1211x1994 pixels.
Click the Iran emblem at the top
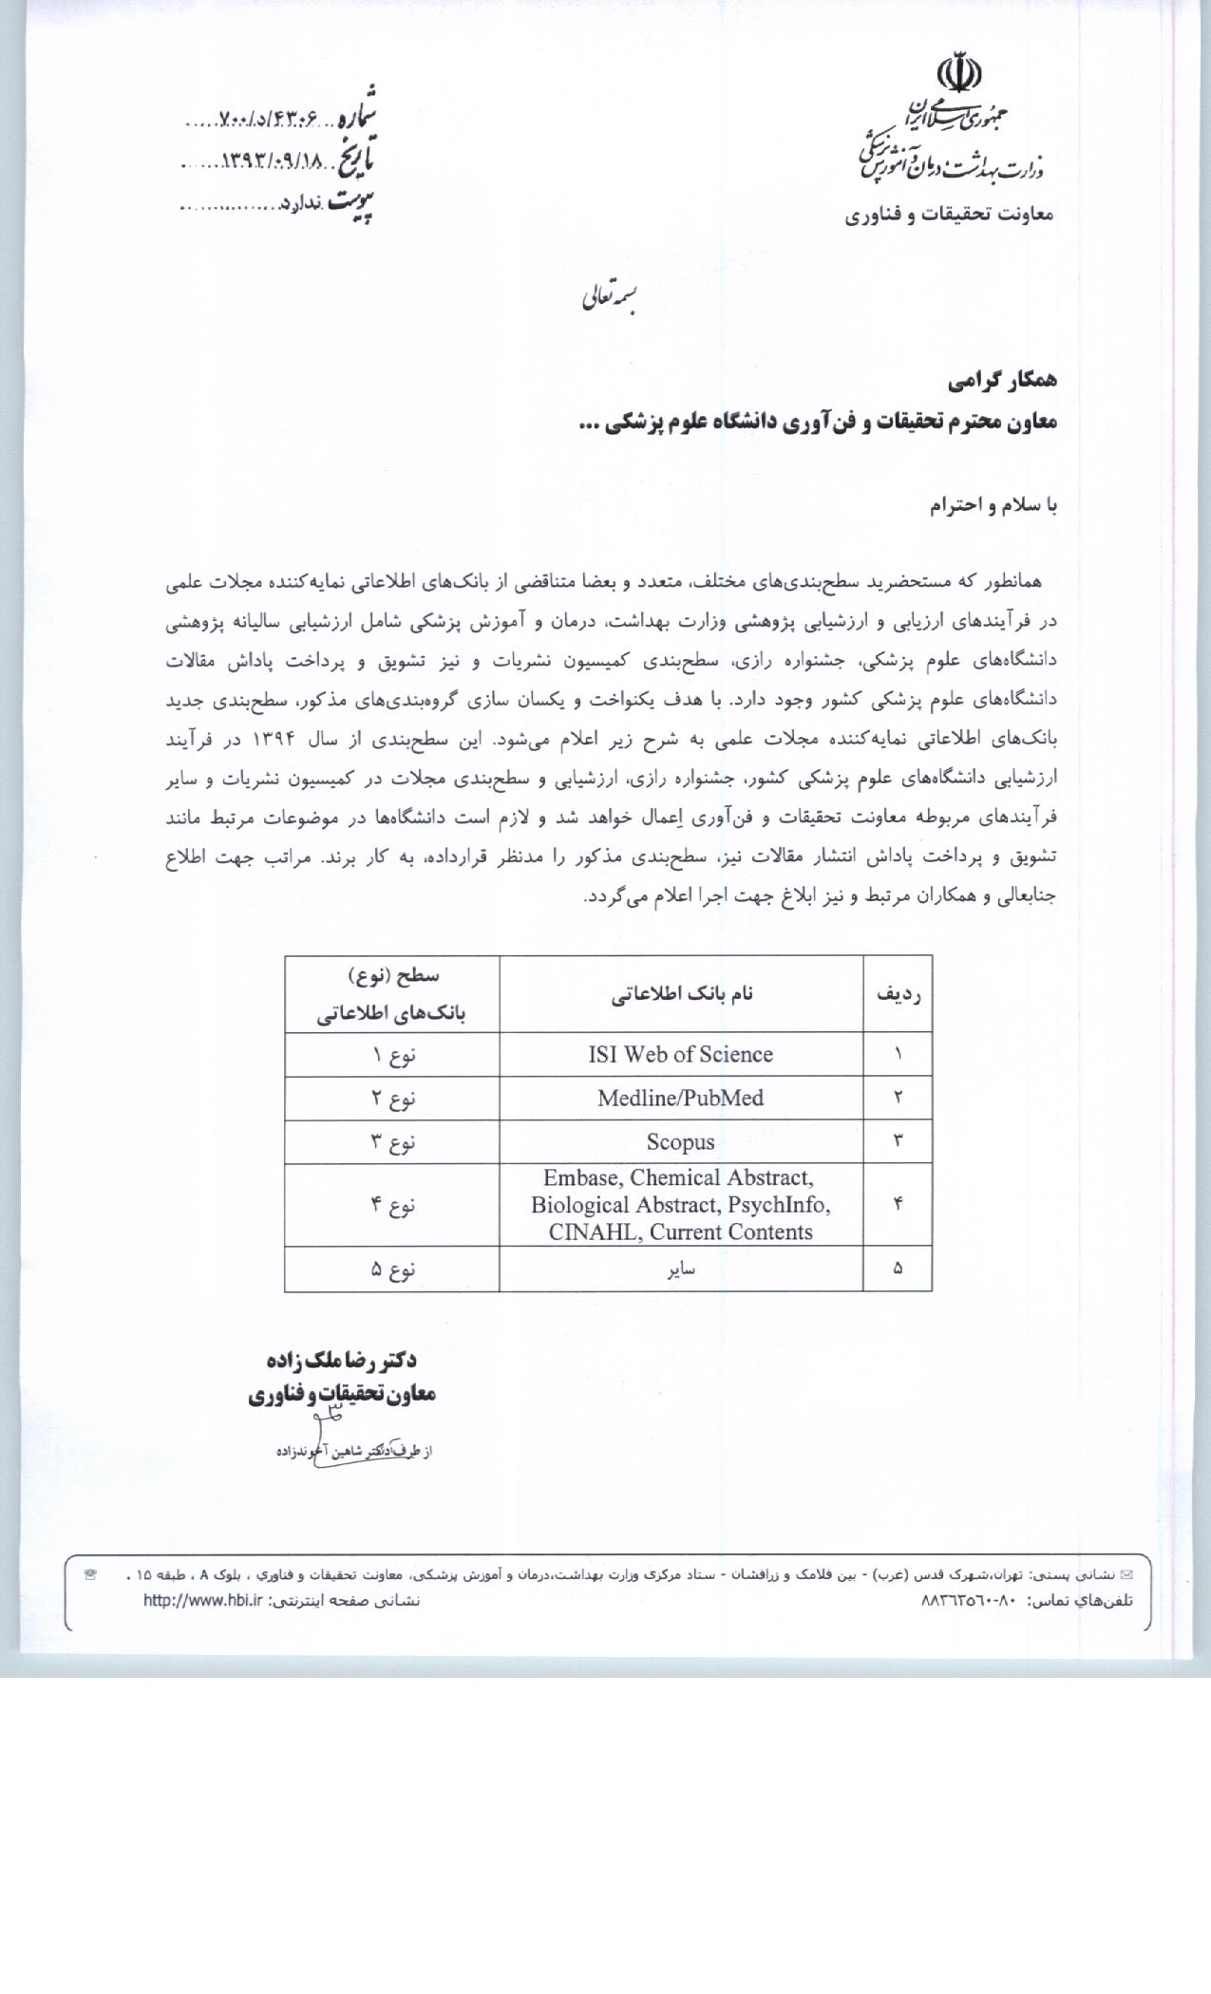(x=958, y=75)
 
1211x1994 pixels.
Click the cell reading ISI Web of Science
(x=680, y=1054)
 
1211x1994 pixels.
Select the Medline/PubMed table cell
(x=680, y=1098)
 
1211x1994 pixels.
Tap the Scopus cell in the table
(x=680, y=1141)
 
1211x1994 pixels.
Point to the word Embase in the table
(x=579, y=1178)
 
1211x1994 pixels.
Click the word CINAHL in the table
(x=586, y=1232)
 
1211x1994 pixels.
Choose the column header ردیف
(x=898, y=994)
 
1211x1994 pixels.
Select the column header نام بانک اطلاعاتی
(x=681, y=994)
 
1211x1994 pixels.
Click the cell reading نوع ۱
(x=392, y=1054)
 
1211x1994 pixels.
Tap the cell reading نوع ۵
(x=392, y=1269)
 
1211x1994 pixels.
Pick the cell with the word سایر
(x=681, y=1269)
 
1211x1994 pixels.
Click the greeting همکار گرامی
(x=1002, y=381)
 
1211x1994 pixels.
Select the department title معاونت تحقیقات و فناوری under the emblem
(x=949, y=215)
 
